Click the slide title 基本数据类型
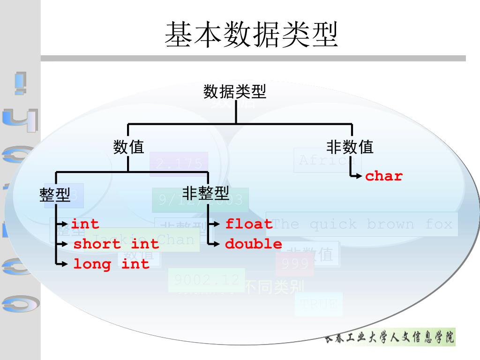pyautogui.click(x=251, y=34)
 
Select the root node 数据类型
pyautogui.click(x=235, y=91)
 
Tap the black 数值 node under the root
pyautogui.click(x=128, y=147)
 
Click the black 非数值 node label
pyautogui.click(x=350, y=147)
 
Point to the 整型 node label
pyautogui.click(x=55, y=195)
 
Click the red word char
pyautogui.click(x=383, y=176)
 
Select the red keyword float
pyautogui.click(x=249, y=224)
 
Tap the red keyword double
pyautogui.click(x=254, y=244)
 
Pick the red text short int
pyautogui.click(x=116, y=244)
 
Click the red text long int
pyautogui.click(x=111, y=264)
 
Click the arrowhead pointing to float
pyautogui.click(x=217, y=224)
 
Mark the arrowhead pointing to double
pyautogui.click(x=217, y=244)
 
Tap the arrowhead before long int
pyautogui.click(x=65, y=264)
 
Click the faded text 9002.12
pyautogui.click(x=207, y=280)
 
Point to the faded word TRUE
pyautogui.click(x=319, y=304)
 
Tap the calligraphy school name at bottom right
pyautogui.click(x=390, y=337)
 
